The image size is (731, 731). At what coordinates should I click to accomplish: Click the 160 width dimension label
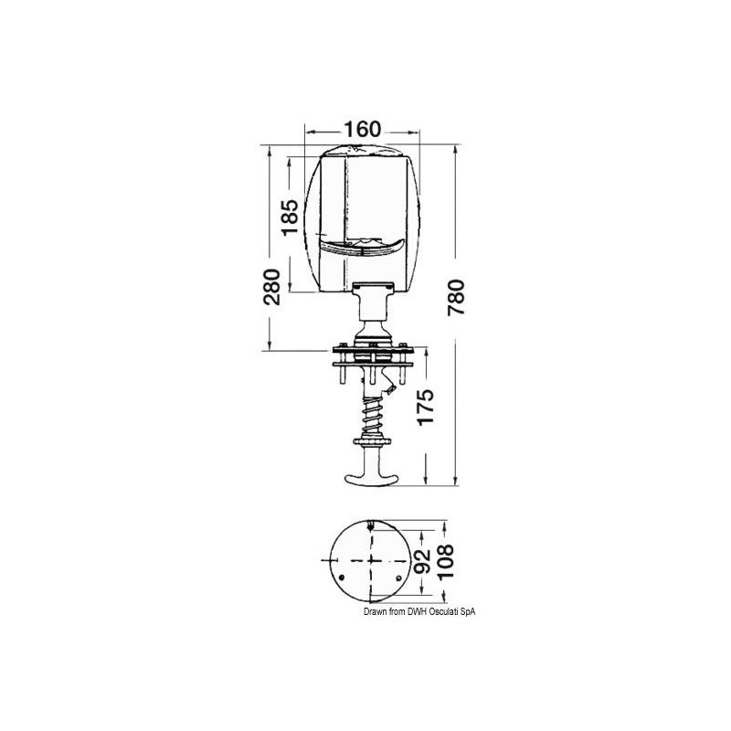pyautogui.click(x=362, y=130)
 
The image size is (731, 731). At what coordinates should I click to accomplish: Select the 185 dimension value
pyautogui.click(x=290, y=217)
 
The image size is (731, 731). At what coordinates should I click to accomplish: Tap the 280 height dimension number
pyautogui.click(x=271, y=287)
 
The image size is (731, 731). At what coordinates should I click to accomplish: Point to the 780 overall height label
pyautogui.click(x=456, y=298)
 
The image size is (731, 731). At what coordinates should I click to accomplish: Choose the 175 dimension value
pyautogui.click(x=425, y=407)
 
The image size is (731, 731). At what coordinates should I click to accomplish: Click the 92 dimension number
pyautogui.click(x=422, y=561)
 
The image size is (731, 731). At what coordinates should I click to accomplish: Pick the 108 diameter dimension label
pyautogui.click(x=446, y=561)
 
